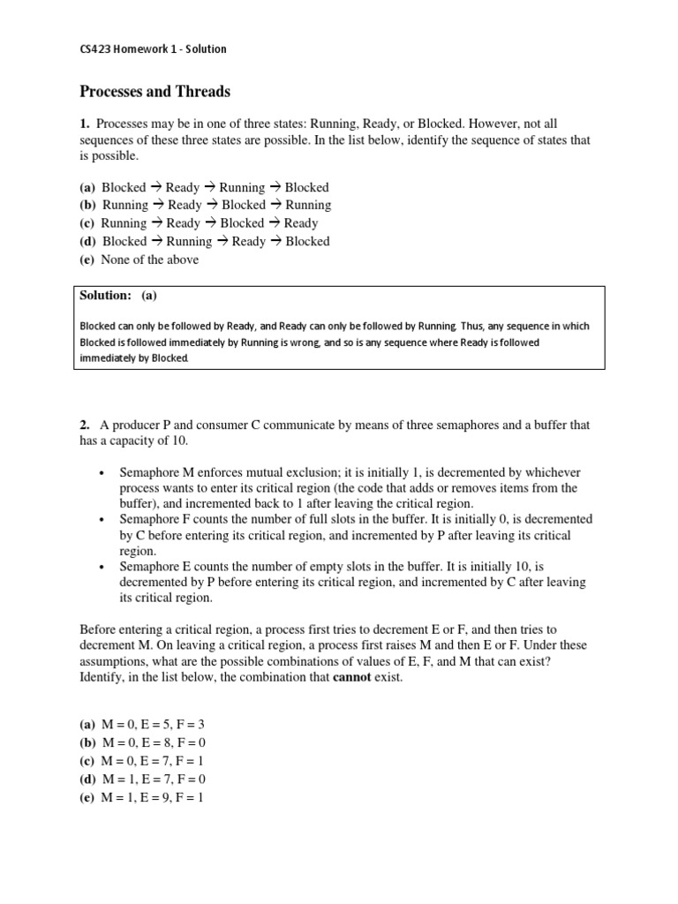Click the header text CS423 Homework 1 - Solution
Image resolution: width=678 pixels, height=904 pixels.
154,49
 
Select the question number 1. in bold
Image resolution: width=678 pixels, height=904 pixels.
86,124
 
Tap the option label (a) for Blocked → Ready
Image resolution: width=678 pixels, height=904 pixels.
88,187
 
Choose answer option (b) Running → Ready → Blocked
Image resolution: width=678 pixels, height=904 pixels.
206,205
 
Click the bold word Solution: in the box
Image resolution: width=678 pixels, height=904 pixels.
106,296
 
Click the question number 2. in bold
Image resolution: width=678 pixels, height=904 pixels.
86,425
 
